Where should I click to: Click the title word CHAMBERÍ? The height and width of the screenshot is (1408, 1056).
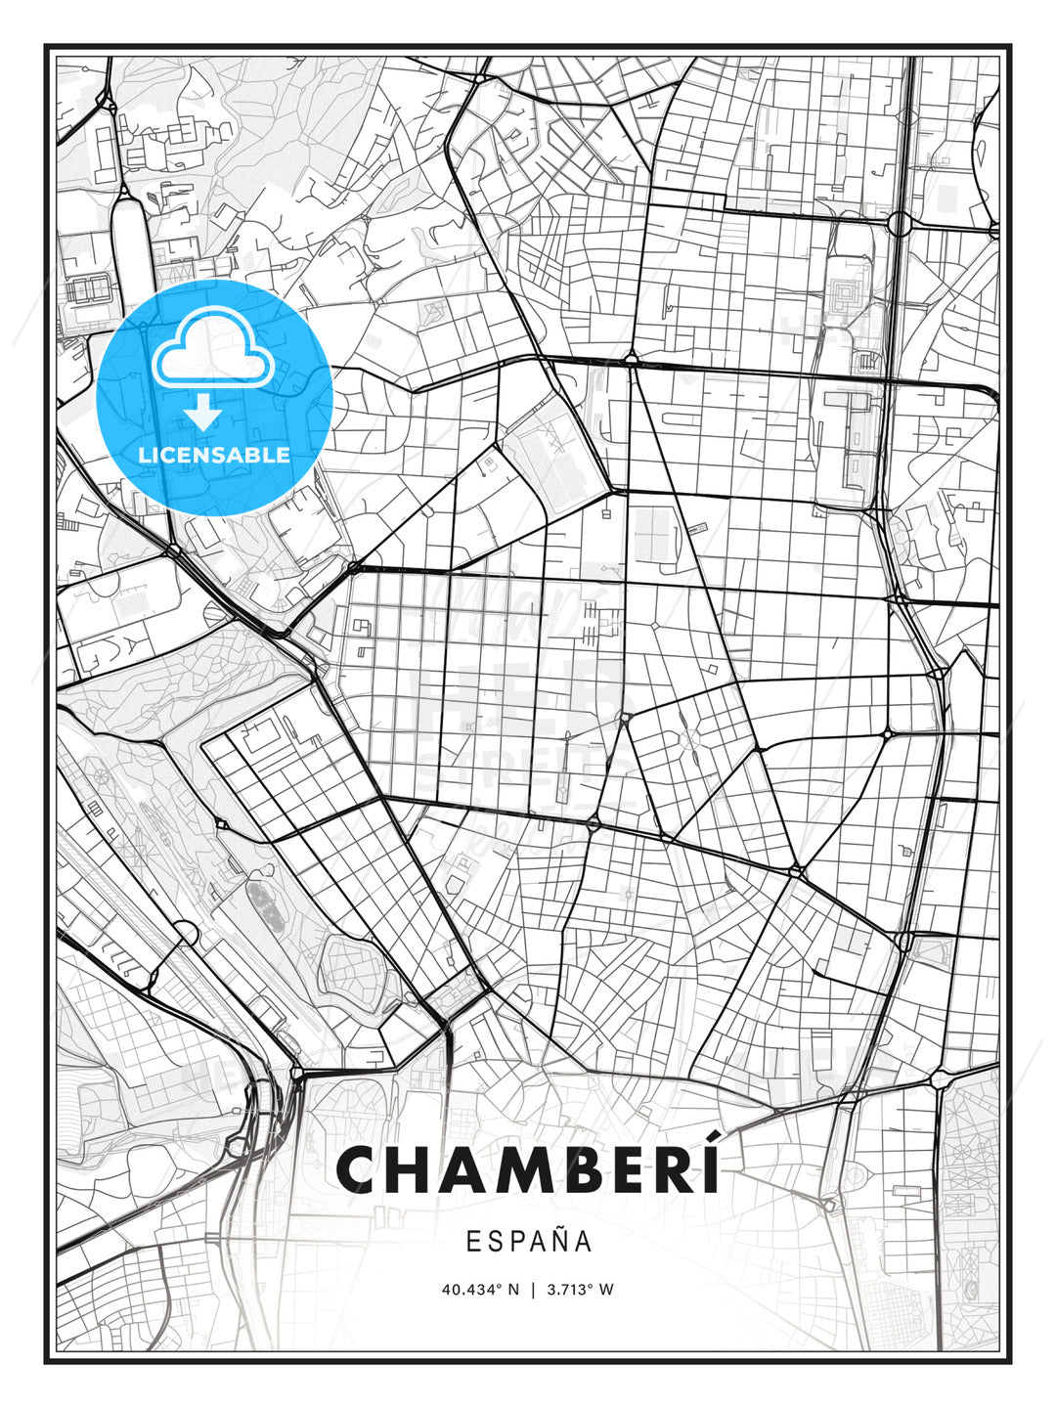(x=528, y=1169)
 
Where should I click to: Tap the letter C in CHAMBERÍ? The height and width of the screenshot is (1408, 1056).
(x=361, y=1169)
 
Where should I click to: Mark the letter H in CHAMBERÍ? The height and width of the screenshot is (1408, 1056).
(x=411, y=1169)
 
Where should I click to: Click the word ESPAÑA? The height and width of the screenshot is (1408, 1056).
(x=528, y=1241)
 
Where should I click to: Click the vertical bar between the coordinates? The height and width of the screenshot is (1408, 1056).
(x=533, y=1290)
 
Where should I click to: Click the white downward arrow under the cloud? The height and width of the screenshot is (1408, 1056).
(x=203, y=413)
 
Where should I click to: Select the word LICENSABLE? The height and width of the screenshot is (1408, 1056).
(x=214, y=455)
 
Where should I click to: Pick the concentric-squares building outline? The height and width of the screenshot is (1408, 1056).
(x=844, y=290)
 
